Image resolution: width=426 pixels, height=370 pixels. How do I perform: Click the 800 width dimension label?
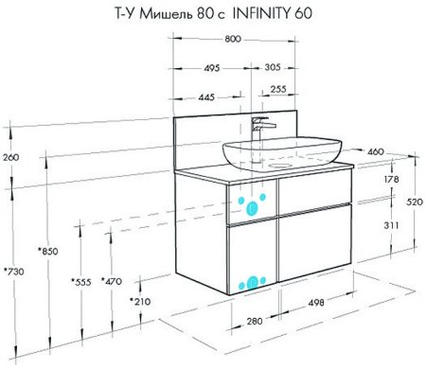pos(233,39)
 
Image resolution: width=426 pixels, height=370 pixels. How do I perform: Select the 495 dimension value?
pos(211,68)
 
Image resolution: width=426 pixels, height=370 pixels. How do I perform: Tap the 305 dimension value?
pos(273,67)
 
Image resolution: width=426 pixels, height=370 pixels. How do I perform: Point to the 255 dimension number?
pos(278,89)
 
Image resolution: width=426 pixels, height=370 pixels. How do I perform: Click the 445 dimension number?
pos(206,97)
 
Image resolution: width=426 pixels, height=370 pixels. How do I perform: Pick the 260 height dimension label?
pos(11,157)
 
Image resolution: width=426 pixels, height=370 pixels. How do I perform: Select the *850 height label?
pos(48,252)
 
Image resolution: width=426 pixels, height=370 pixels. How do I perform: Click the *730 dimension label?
pos(14,272)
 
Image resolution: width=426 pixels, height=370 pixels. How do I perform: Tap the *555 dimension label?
pos(81,282)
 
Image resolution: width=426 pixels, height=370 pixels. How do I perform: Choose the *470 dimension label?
pos(112,281)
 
